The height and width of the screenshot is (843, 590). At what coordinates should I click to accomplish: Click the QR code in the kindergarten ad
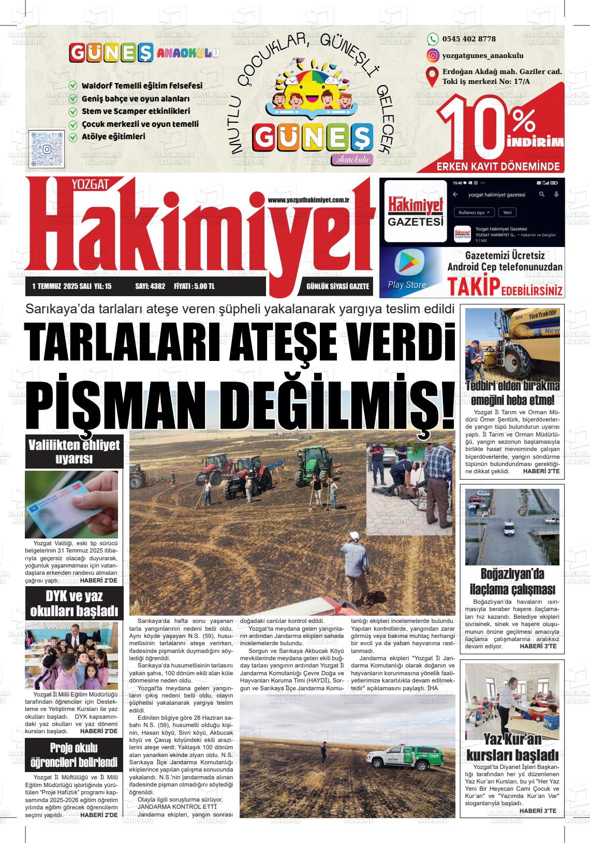point(48,148)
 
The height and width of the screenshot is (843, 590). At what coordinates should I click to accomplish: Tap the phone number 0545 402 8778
point(469,39)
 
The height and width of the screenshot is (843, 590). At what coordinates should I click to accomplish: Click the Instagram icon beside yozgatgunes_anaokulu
point(432,55)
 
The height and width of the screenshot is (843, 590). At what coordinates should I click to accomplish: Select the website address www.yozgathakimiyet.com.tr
point(309,200)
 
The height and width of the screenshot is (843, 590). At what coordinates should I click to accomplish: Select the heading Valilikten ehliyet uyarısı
point(74,452)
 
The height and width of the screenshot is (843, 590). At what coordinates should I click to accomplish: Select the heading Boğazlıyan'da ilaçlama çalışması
point(512,582)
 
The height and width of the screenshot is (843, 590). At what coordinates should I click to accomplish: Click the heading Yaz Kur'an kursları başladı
point(512,747)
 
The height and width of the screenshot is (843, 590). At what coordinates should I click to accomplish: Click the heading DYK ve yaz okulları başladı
point(74,603)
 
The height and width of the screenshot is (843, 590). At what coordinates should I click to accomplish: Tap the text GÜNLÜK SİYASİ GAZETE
point(337,286)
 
